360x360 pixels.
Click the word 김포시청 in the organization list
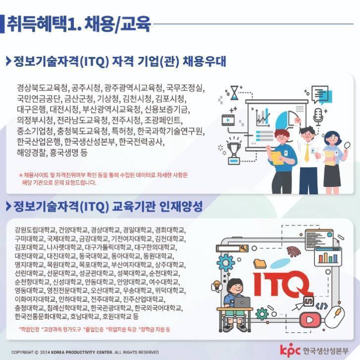pyautogui.click(x=170, y=99)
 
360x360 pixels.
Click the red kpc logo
pyautogui.click(x=290, y=350)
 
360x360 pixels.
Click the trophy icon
pyautogui.click(x=234, y=151)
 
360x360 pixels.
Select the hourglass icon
pyautogui.click(x=234, y=92)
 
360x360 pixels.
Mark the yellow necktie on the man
pyautogui.click(x=307, y=152)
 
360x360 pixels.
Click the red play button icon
pyautogui.click(x=310, y=319)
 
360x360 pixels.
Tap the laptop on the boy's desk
pyautogui.click(x=242, y=303)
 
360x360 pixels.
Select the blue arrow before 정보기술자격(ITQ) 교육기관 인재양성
pyautogui.click(x=8, y=206)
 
